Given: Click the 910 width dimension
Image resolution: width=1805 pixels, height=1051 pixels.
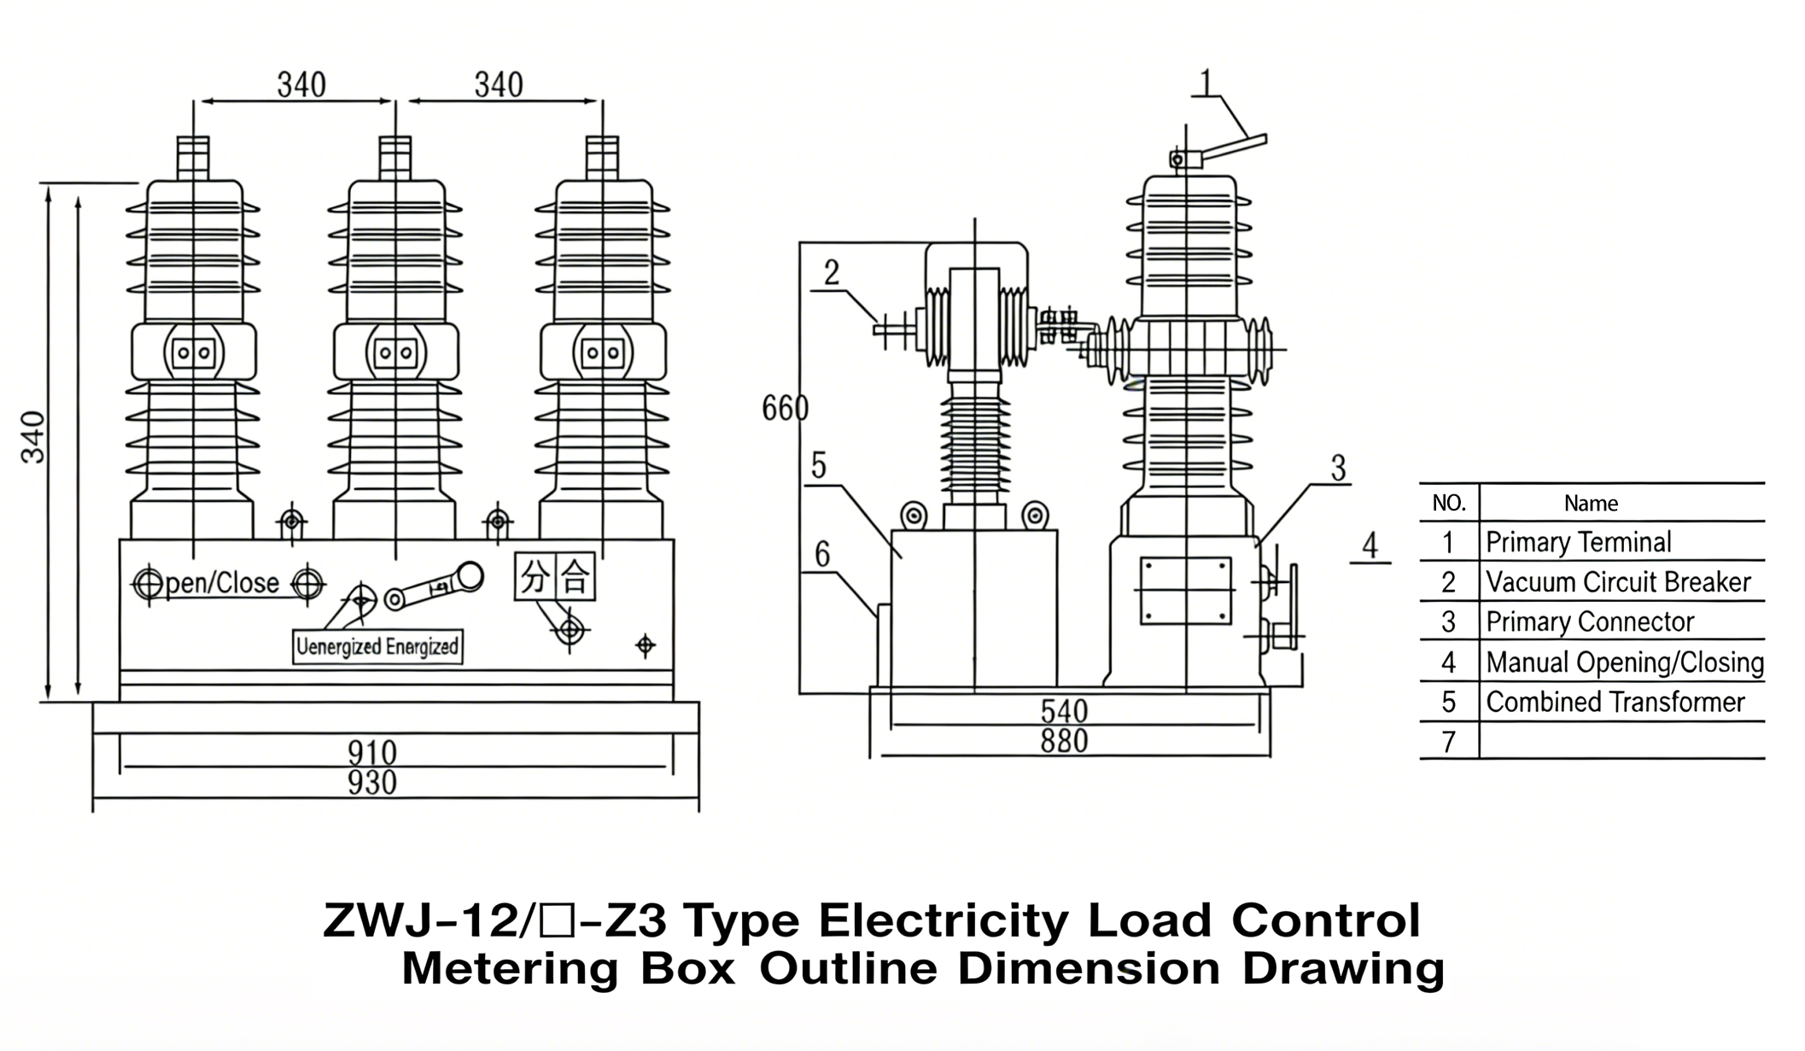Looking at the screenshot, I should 372,752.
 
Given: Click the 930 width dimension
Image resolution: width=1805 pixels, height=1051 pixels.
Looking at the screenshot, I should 372,782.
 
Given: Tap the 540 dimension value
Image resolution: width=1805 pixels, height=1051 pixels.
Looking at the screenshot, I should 1064,711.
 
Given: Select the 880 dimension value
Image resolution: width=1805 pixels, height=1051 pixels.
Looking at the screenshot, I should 1064,740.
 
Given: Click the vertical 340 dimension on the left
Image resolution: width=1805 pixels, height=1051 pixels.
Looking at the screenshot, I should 32,437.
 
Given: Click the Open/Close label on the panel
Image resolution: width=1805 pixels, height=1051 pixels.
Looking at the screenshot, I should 222,583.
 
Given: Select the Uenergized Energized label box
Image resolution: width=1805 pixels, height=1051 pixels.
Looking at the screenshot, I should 377,646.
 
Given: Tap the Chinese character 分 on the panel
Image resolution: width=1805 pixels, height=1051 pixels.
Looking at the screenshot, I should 534,577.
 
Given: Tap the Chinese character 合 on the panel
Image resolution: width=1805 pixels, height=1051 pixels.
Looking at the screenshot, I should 575,577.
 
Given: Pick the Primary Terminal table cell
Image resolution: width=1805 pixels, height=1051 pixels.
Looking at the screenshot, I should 1578,542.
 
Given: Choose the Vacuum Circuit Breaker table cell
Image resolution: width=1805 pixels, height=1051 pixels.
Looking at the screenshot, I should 1618,582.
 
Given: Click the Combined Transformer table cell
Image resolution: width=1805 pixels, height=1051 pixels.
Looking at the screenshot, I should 1615,702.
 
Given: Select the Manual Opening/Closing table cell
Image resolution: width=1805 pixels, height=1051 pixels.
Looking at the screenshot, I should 1624,662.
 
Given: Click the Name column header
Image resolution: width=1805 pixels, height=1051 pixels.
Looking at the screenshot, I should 1591,504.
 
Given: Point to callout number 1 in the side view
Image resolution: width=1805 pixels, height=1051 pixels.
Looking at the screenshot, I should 1206,83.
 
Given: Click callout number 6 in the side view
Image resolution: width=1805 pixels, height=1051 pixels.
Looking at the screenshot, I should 822,555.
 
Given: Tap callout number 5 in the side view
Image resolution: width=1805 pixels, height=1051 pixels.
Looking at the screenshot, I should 819,466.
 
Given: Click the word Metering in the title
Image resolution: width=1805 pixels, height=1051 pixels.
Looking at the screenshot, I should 510,969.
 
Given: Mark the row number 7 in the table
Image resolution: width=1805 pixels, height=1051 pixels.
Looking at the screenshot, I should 1448,742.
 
